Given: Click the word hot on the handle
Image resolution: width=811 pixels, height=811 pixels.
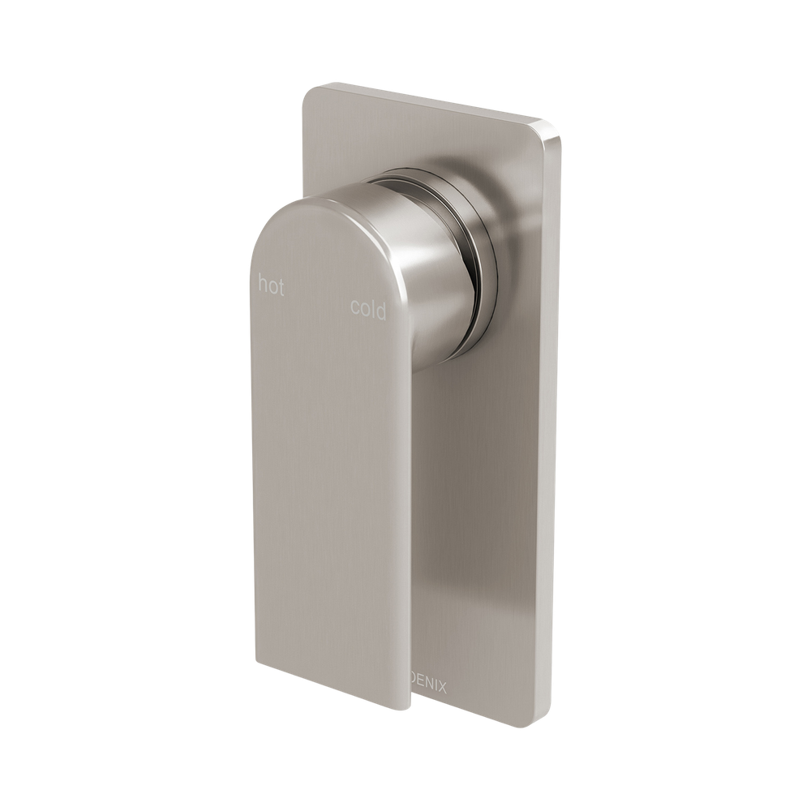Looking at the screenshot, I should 271,286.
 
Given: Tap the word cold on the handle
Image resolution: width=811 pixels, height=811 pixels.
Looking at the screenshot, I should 368,309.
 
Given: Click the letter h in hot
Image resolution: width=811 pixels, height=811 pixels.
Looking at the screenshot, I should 263,284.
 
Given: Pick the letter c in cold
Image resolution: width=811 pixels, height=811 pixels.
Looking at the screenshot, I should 354,308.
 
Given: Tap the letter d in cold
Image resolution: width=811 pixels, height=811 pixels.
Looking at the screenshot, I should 381,310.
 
